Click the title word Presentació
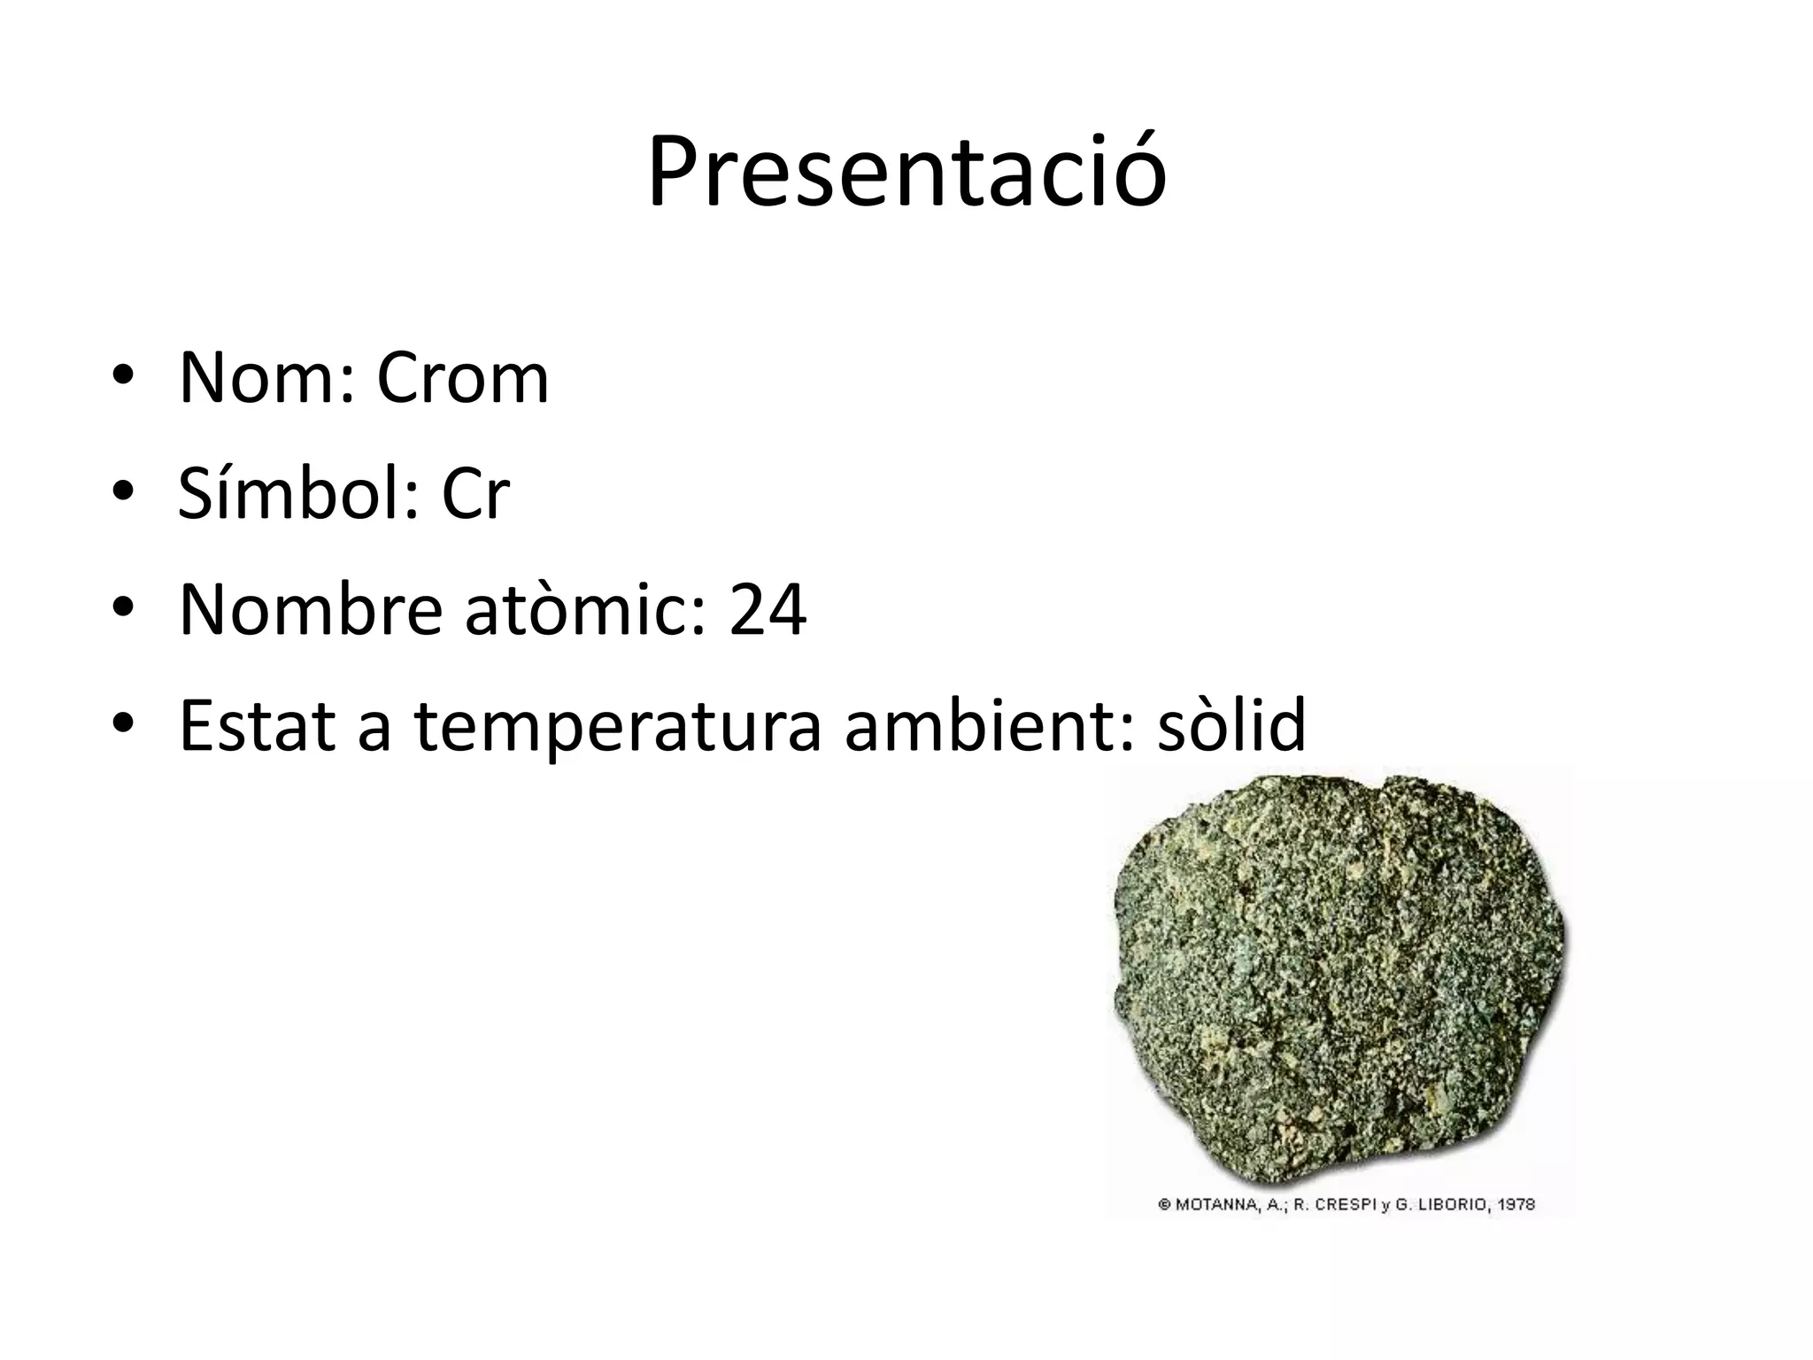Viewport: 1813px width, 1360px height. coord(906,173)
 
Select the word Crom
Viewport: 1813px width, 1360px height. coord(462,378)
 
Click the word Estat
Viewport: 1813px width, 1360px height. coord(258,724)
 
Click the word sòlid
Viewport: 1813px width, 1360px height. coord(1231,724)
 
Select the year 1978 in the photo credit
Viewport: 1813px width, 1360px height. coord(1516,1204)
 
